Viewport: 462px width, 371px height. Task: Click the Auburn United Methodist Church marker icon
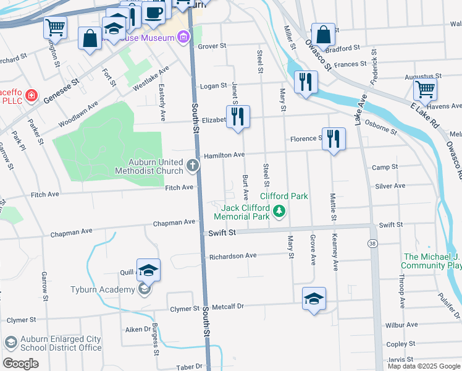tap(193, 165)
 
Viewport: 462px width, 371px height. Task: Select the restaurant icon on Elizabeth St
tap(238, 116)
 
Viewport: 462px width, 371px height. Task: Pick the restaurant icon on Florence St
tap(334, 138)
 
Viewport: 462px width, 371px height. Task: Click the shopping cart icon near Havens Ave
tap(425, 89)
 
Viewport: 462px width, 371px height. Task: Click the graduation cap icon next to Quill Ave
tap(148, 270)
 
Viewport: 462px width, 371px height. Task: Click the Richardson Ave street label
tap(232, 256)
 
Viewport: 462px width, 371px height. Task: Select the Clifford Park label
tap(288, 196)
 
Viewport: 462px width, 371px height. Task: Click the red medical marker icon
tap(31, 96)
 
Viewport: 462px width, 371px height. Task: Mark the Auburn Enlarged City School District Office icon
tap(10, 343)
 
